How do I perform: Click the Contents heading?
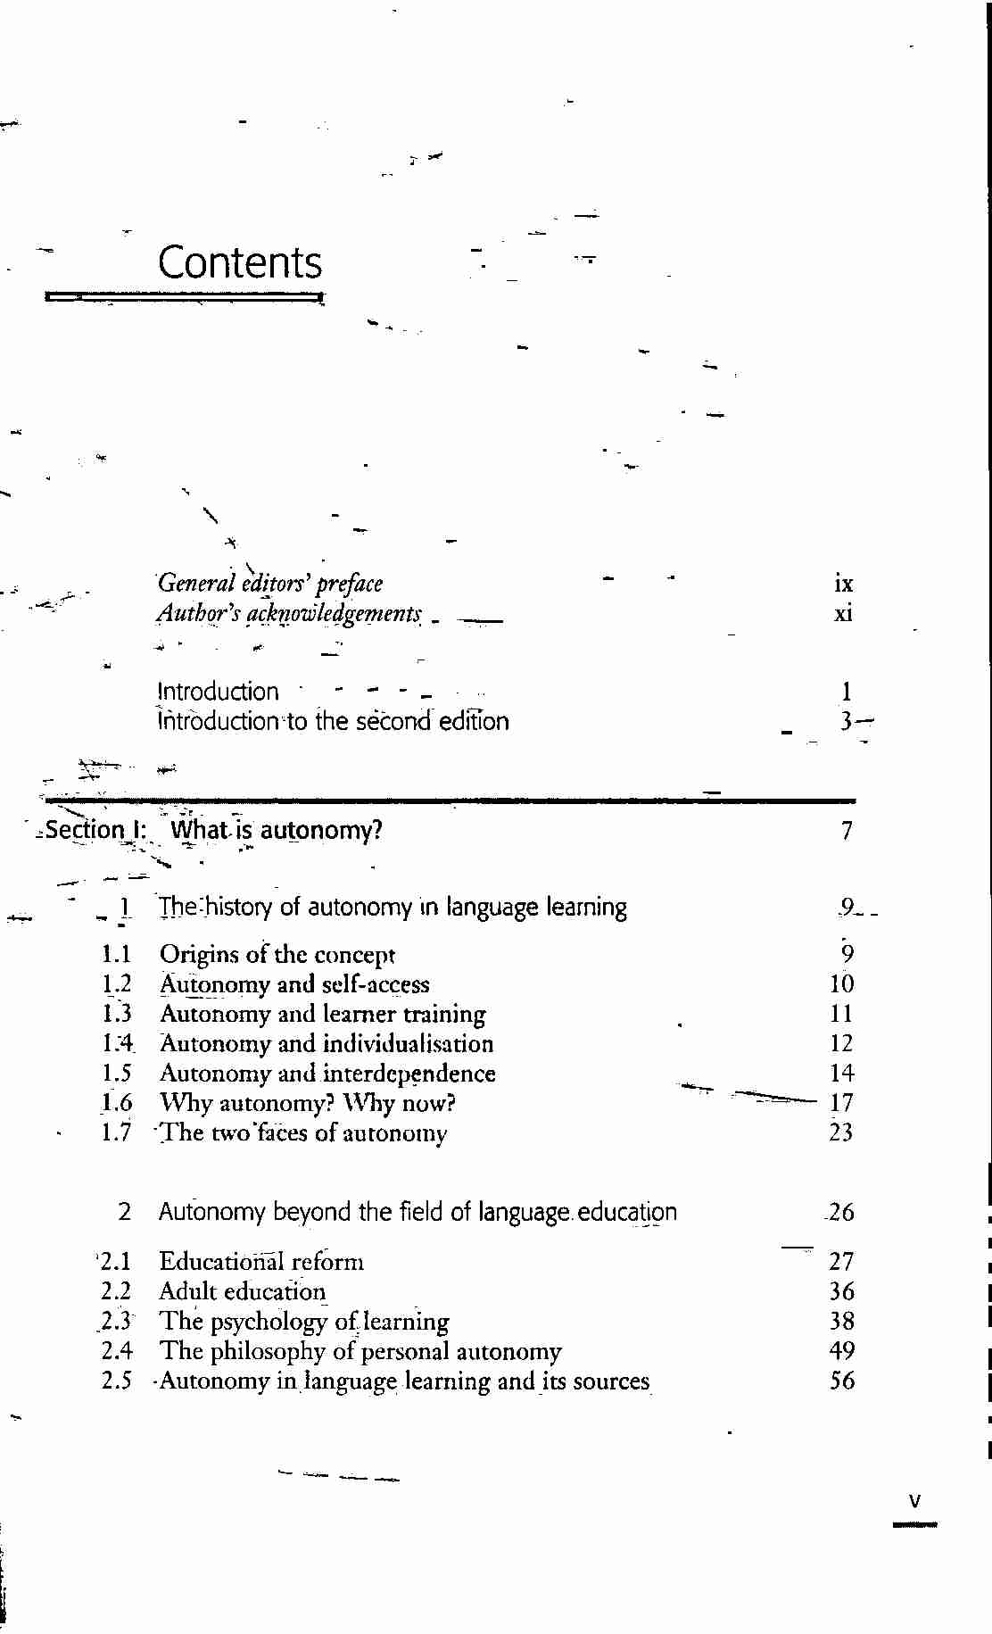[240, 262]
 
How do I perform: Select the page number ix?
[843, 585]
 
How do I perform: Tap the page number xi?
[843, 614]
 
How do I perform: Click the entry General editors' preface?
[270, 584]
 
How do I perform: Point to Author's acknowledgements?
[289, 614]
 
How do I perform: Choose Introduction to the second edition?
[333, 721]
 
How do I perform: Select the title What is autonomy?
[277, 830]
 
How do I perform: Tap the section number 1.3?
[117, 1014]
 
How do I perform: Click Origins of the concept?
[277, 954]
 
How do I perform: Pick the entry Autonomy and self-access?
[294, 984]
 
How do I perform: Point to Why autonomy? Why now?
[308, 1103]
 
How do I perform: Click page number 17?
[841, 1103]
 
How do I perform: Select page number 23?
[841, 1132]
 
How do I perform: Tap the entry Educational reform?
[261, 1262]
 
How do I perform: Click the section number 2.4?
[117, 1351]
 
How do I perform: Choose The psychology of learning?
[304, 1322]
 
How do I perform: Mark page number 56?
[841, 1381]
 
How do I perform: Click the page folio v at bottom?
[914, 1501]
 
